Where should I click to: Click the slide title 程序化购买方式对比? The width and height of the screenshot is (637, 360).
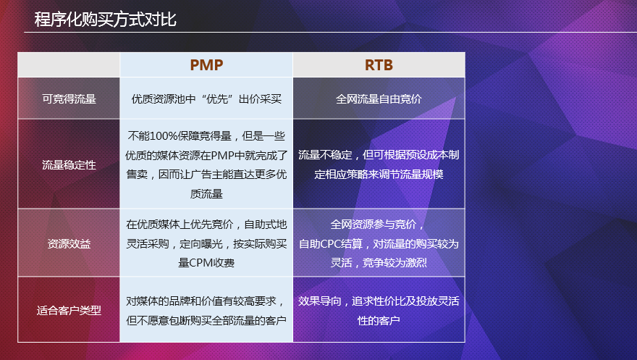point(106,20)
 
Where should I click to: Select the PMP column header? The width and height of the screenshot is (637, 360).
point(206,65)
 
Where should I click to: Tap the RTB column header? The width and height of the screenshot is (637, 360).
point(379,65)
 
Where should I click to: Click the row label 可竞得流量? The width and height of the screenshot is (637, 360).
point(69,99)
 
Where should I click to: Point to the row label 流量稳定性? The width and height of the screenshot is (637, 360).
point(69,165)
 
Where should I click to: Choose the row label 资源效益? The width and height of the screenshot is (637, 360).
point(69,243)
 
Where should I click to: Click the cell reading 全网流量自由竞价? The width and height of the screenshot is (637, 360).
point(379,99)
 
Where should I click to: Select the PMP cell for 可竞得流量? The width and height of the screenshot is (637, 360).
point(206,99)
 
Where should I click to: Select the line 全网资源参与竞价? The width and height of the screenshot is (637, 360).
point(379,224)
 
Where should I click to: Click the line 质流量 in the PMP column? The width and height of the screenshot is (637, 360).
point(206,194)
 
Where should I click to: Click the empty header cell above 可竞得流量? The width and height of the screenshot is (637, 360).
point(69,65)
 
